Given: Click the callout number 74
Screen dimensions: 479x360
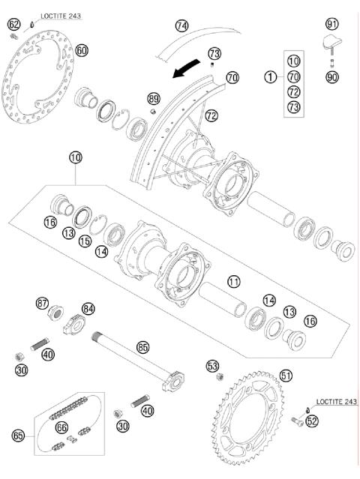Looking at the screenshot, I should (181, 25).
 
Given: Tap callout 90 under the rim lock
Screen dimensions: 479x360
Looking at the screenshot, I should (331, 76).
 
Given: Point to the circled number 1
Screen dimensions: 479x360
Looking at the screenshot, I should (269, 76).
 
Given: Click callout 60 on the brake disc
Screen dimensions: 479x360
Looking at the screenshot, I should (82, 50).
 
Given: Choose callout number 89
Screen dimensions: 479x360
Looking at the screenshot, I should (154, 98).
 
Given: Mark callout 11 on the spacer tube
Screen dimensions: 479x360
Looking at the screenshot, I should (234, 282).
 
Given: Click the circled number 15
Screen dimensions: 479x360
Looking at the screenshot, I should (85, 243).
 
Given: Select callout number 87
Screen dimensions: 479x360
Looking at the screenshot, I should (42, 303).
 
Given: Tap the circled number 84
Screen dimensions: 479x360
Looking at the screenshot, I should (89, 308).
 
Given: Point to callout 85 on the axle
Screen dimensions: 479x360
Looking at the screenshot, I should (142, 347).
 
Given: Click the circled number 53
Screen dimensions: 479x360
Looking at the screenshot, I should (212, 365).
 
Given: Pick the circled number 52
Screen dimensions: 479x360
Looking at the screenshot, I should (313, 421).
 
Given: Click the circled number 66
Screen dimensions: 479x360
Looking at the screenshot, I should (61, 426).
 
